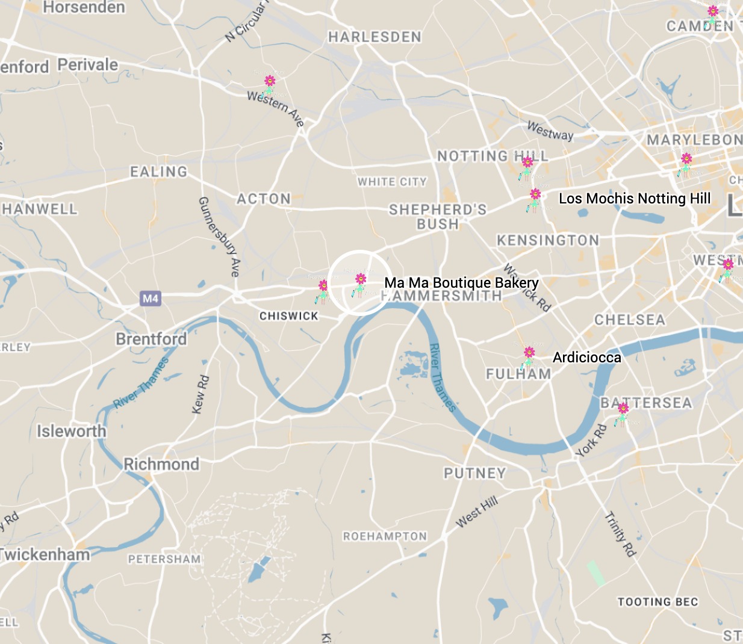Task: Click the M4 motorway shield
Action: click(x=151, y=299)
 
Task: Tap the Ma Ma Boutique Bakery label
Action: click(x=461, y=283)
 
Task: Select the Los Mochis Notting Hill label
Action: click(x=635, y=199)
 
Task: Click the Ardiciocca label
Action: click(x=586, y=358)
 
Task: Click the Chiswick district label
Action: click(x=288, y=316)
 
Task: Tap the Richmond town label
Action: click(x=161, y=464)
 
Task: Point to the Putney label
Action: click(x=474, y=474)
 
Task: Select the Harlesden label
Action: click(x=375, y=37)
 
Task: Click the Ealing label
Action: click(x=159, y=172)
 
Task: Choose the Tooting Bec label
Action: click(x=658, y=602)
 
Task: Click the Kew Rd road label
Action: click(x=201, y=395)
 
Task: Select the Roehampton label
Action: click(x=385, y=536)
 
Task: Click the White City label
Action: click(x=392, y=182)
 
